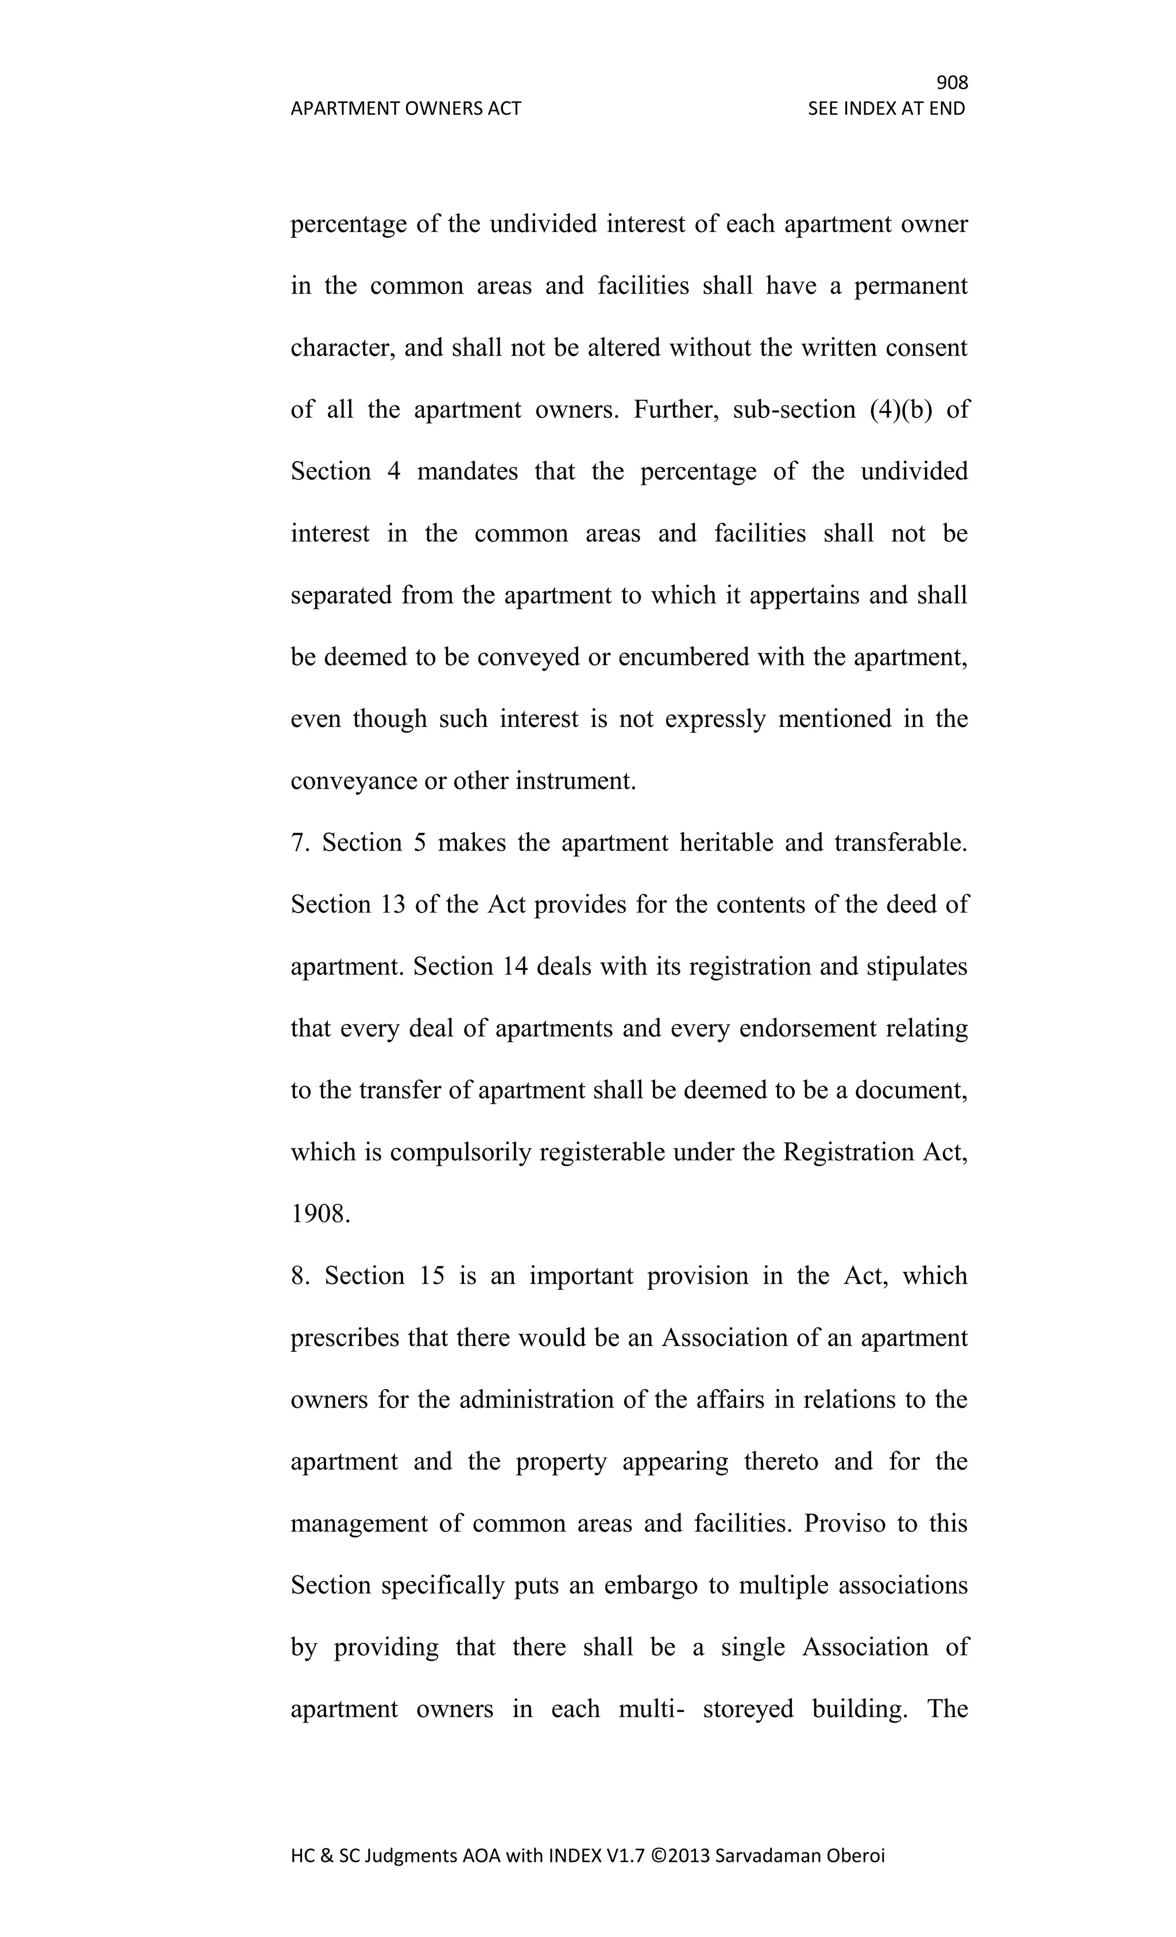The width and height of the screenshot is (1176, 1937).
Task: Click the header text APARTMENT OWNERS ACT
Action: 405,109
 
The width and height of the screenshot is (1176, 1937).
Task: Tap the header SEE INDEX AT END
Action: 886,109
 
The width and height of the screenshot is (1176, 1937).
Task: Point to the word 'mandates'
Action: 467,471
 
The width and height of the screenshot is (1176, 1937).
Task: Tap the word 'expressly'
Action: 714,718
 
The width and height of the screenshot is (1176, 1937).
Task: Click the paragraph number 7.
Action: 300,842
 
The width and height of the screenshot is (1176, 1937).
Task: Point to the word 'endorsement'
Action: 807,1029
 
